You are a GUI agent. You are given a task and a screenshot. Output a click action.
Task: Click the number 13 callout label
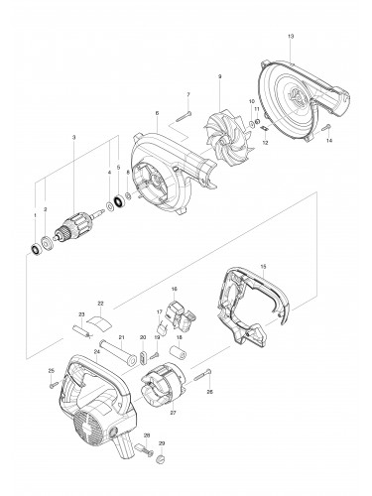290,37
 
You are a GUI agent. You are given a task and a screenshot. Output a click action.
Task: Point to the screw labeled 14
323,129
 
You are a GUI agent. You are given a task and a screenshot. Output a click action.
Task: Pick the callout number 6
157,114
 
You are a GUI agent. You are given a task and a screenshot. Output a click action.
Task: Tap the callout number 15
262,266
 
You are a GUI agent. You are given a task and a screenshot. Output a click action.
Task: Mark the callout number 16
174,289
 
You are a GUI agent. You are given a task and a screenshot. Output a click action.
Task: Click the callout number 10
252,102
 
